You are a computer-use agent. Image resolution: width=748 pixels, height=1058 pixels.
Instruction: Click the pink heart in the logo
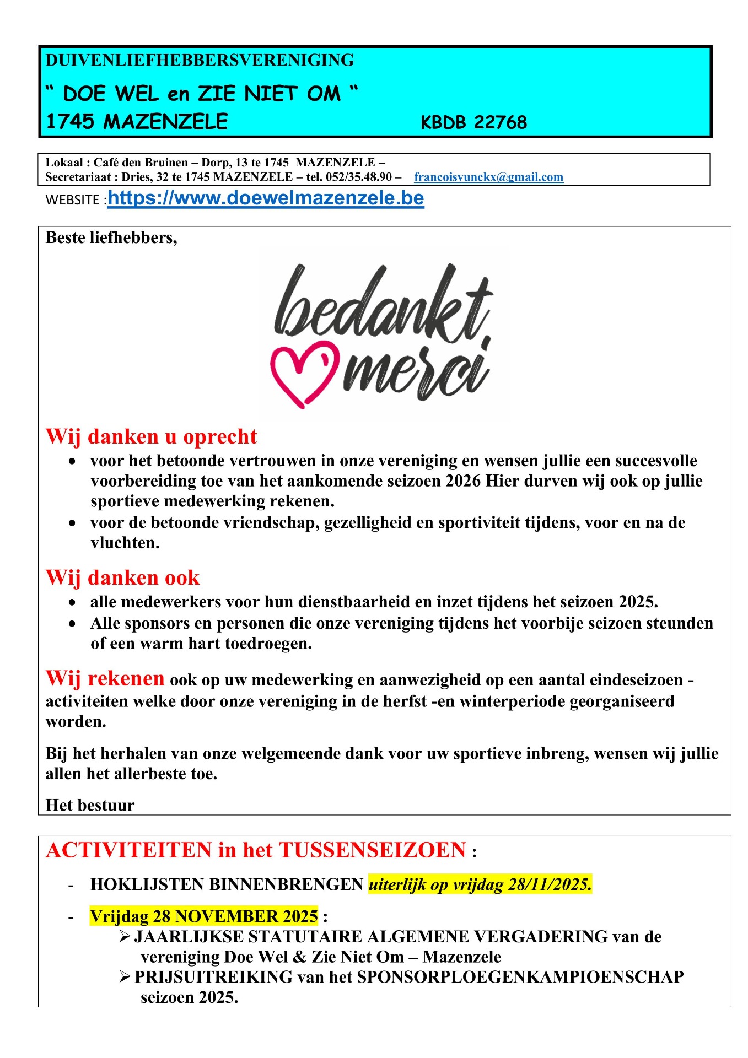(x=303, y=373)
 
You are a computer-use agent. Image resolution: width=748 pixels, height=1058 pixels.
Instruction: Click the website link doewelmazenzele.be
(x=266, y=198)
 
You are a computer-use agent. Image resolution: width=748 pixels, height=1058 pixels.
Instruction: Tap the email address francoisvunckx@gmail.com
(x=488, y=177)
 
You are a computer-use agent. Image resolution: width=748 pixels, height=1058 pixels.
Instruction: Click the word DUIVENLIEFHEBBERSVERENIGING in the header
(x=200, y=60)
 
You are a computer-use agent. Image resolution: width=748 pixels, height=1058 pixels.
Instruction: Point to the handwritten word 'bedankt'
(x=383, y=306)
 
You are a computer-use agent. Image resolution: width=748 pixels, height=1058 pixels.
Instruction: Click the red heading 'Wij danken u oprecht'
(x=151, y=436)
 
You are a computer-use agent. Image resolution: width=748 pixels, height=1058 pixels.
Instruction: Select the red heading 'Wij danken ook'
(x=122, y=577)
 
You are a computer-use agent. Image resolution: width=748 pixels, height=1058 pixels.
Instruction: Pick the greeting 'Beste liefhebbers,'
(x=111, y=237)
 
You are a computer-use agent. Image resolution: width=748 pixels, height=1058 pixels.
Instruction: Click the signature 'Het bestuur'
(x=90, y=805)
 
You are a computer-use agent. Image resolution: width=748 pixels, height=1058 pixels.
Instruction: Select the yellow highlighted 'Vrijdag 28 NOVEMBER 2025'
(x=204, y=916)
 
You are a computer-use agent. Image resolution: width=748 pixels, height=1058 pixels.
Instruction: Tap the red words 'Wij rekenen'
(x=105, y=678)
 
